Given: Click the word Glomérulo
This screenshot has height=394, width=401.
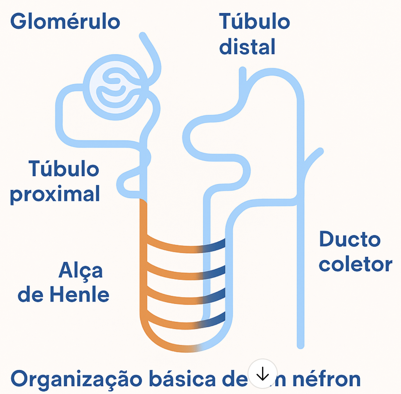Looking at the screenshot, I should (x=65, y=22).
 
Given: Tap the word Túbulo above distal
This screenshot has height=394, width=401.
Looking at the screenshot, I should (x=254, y=22).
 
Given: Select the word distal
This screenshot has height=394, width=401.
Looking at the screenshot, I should (x=247, y=47).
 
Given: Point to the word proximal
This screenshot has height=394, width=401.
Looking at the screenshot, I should (x=55, y=194).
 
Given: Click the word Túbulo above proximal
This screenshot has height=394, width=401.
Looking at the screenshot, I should (x=64, y=169).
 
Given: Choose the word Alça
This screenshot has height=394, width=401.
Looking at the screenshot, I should (x=81, y=271).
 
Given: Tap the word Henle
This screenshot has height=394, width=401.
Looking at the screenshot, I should (x=80, y=295).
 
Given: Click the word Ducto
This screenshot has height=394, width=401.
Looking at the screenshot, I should (x=350, y=239).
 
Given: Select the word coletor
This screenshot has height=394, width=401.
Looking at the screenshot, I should (x=355, y=264).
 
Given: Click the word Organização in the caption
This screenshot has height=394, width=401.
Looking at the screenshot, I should (x=76, y=379).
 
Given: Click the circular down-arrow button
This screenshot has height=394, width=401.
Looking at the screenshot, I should (x=262, y=374).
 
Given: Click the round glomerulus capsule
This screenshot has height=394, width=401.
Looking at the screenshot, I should (x=115, y=87).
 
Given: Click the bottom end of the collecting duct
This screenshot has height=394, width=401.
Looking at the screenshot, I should (x=300, y=345).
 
